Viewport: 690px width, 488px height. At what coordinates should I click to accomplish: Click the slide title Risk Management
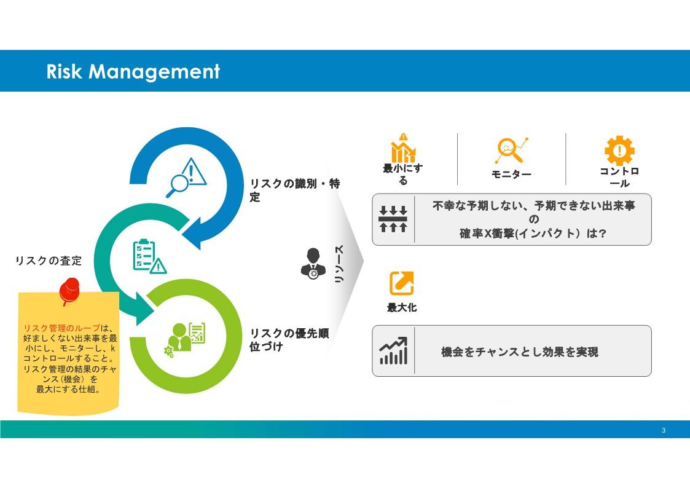coord(133,71)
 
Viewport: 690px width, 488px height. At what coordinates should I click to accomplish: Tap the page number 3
coord(664,430)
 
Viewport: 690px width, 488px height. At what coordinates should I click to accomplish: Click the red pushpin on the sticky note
coord(69,291)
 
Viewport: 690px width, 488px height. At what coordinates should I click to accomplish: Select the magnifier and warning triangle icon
coord(186,178)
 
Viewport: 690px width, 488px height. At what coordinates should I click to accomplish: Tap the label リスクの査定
coord(49,261)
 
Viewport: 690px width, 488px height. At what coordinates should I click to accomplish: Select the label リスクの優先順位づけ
coord(289,339)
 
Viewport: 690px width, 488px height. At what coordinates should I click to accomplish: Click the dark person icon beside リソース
coord(313,263)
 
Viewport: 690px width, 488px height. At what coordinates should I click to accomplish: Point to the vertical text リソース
coord(339,264)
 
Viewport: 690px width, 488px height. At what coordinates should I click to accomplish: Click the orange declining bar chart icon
coord(404,148)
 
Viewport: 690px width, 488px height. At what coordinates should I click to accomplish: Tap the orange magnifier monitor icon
coord(511,149)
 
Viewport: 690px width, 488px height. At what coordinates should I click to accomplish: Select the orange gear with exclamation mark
coord(619,150)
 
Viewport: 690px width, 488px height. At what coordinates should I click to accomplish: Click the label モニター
coord(511,175)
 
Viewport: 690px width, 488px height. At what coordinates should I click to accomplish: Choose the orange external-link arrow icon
coord(401,283)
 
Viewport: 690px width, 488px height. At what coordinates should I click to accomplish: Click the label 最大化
coord(401,307)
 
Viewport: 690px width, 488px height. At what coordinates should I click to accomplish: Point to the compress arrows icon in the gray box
coord(393,219)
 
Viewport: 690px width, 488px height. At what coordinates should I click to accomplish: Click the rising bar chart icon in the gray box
coord(393,351)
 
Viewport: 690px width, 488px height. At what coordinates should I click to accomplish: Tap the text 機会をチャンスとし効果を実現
coord(519,352)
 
